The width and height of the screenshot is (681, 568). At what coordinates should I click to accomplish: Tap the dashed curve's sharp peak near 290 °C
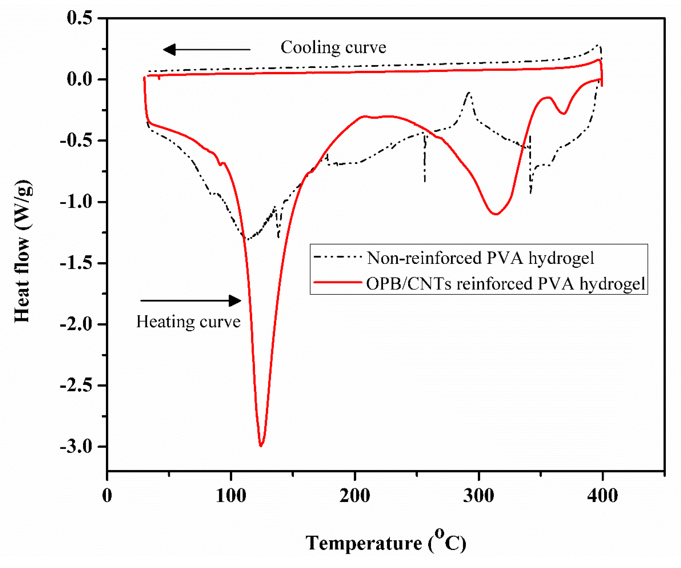pyautogui.click(x=469, y=93)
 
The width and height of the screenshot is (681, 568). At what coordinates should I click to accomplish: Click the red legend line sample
pyautogui.click(x=338, y=282)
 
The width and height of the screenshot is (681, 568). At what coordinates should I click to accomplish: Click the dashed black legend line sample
pyautogui.click(x=338, y=257)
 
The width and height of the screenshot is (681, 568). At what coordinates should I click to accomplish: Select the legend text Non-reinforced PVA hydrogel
pyautogui.click(x=480, y=258)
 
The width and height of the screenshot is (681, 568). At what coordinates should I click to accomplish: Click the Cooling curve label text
pyautogui.click(x=333, y=48)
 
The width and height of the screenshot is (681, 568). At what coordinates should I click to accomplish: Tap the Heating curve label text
pyautogui.click(x=188, y=322)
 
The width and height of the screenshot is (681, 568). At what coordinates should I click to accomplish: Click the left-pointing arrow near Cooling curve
pyautogui.click(x=207, y=50)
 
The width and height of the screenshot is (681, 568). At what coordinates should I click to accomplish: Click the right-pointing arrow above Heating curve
pyautogui.click(x=191, y=300)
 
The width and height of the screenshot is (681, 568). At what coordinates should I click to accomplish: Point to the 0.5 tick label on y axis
pyautogui.click(x=79, y=18)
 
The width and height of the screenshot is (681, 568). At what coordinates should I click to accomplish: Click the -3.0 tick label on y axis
pyautogui.click(x=76, y=446)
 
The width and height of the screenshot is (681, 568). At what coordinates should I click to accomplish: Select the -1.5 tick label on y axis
pyautogui.click(x=76, y=263)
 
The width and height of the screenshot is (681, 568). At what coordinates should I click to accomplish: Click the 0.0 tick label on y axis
pyautogui.click(x=79, y=79)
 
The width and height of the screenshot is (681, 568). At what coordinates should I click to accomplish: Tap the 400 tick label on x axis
pyautogui.click(x=602, y=495)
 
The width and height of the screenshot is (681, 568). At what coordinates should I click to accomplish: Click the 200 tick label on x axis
pyautogui.click(x=355, y=495)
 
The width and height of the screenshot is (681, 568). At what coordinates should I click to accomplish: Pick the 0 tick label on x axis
pyautogui.click(x=107, y=495)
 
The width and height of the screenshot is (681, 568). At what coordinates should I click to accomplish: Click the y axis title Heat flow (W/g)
pyautogui.click(x=23, y=251)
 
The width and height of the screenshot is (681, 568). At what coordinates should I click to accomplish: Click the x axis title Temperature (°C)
pyautogui.click(x=386, y=543)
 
